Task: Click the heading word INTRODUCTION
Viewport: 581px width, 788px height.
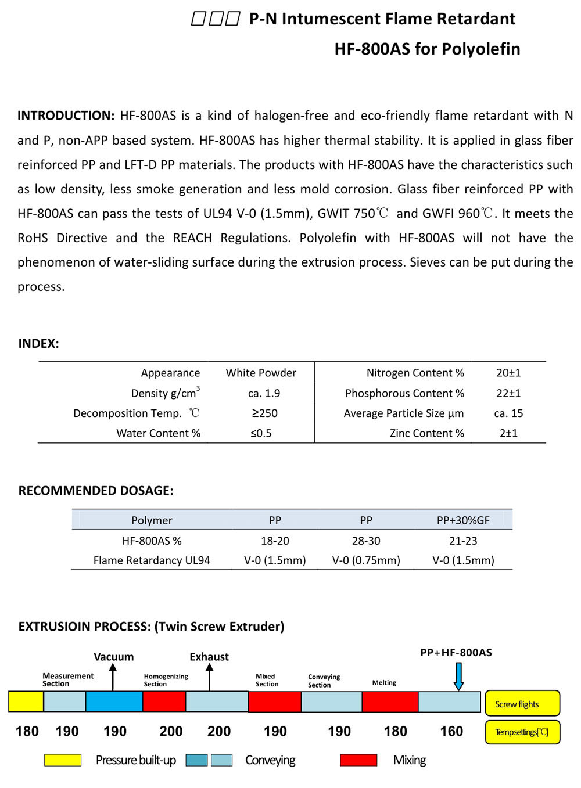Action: coord(66,116)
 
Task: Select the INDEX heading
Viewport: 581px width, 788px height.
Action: coord(38,343)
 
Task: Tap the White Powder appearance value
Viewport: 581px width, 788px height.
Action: coord(261,373)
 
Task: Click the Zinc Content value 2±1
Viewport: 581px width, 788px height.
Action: coord(508,433)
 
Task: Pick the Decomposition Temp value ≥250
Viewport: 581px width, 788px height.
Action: coord(264,413)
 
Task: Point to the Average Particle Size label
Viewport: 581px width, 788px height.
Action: coord(403,413)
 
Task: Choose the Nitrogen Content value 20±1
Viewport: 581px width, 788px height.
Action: coord(508,373)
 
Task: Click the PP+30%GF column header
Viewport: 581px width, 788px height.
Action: coord(463,520)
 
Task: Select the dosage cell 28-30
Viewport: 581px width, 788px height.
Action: coord(366,541)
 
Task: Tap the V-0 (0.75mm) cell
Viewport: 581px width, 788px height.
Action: coord(366,560)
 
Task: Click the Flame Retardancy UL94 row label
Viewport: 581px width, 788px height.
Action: coord(152,560)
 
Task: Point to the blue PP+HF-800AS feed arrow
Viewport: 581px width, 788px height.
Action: coord(458,677)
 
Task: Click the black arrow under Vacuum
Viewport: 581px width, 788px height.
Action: coord(113,677)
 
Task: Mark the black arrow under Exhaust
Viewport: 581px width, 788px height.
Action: coord(209,677)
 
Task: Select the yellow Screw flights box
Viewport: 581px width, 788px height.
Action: coord(522,704)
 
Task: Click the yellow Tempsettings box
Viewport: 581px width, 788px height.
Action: coord(522,732)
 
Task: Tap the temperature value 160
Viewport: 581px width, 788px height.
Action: coord(451,731)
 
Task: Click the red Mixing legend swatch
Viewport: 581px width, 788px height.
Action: coord(358,760)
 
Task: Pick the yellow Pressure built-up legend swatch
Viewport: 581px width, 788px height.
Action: coord(63,760)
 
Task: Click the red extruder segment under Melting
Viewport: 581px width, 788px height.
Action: coord(390,702)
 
